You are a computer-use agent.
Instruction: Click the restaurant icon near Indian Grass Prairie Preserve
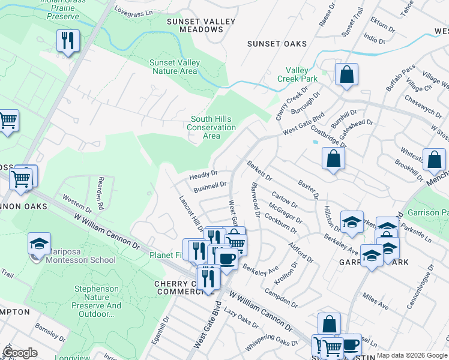tap(67, 41)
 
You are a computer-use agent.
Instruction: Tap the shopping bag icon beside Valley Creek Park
tap(346, 75)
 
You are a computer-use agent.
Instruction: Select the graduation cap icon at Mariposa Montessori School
tap(39, 245)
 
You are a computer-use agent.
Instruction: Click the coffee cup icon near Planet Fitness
tap(226, 259)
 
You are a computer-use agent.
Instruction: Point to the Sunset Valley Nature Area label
tap(174, 67)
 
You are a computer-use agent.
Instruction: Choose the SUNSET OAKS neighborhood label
tap(277, 44)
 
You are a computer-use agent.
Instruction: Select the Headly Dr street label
tap(203, 175)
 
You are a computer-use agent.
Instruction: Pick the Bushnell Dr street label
tap(209, 186)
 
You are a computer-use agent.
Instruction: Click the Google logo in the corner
tap(20, 353)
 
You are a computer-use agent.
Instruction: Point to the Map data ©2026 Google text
tap(412, 355)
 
